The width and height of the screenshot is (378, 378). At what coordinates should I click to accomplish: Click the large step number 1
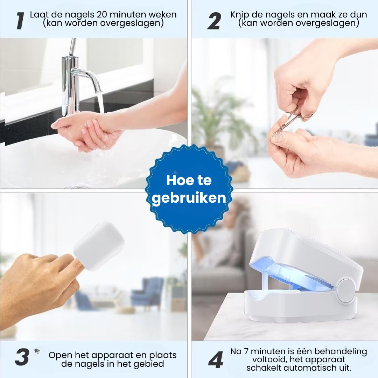pos(21,21)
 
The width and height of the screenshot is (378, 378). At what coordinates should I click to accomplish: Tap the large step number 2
pos(214,21)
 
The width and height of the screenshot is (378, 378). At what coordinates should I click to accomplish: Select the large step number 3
pos(22,357)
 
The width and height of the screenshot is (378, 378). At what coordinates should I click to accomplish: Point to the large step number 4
pos(216,360)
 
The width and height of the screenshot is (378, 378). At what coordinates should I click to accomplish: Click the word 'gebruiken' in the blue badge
pos(189,198)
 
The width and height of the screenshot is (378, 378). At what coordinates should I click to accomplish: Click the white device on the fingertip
pos(99,246)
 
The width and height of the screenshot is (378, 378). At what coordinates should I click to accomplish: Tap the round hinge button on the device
pos(346,290)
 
